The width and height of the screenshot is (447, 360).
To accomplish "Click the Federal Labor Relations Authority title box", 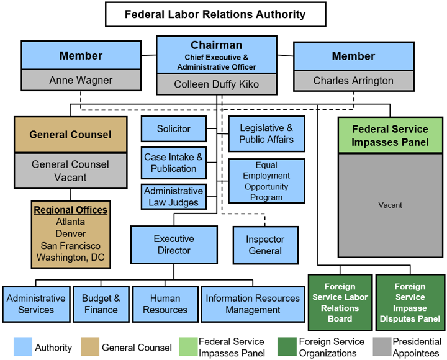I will click(215, 14).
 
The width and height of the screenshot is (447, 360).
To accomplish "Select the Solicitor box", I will click(173, 129).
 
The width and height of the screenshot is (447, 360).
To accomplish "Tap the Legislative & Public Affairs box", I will click(266, 133).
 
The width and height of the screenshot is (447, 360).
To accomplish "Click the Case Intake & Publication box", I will click(173, 163).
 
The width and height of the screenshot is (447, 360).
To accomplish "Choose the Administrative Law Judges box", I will click(173, 196).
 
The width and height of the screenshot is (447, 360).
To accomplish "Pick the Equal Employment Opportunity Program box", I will click(266, 181).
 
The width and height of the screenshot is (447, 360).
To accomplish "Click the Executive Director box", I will click(173, 245).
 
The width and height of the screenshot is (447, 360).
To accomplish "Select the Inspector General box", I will click(265, 245).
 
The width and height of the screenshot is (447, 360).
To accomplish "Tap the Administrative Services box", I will click(35, 304).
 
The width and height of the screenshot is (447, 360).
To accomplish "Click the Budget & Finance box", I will click(101, 304).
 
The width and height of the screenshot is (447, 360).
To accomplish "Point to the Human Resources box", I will click(165, 304).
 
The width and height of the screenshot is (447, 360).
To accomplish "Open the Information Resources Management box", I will click(253, 304).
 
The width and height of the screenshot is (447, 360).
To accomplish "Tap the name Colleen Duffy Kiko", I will click(216, 84).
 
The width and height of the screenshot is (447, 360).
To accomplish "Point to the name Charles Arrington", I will click(353, 80).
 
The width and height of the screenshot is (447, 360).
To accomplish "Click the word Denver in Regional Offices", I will click(70, 233).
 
